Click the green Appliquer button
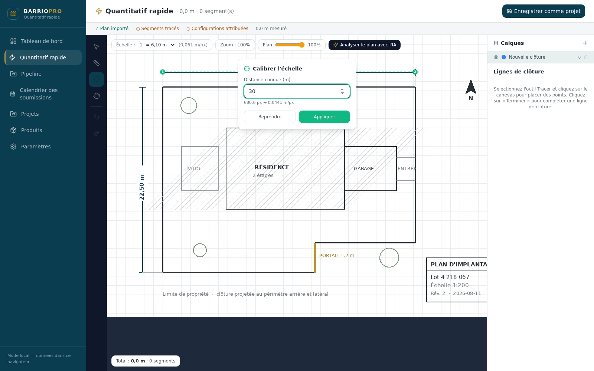click(324, 117)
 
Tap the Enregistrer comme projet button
click(544, 11)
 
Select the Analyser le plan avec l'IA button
click(364, 45)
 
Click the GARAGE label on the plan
click(363, 168)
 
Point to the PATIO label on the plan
click(193, 168)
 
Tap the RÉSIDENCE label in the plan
click(272, 167)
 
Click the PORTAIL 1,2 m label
click(336, 256)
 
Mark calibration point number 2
click(415, 72)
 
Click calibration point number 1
click(163, 72)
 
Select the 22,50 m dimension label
click(141, 187)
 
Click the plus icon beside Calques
click(585, 43)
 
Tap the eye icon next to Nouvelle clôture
click(496, 57)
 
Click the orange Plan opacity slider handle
click(301, 45)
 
